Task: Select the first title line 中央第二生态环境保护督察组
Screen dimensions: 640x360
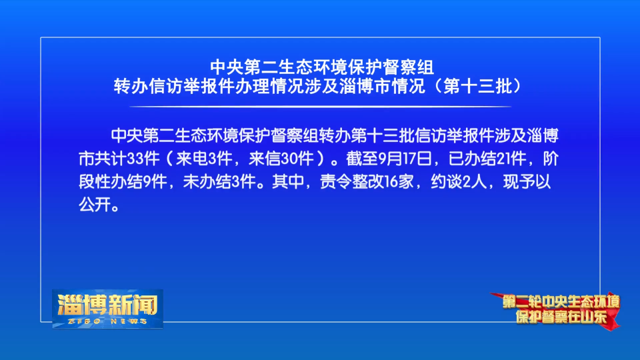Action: [322, 67]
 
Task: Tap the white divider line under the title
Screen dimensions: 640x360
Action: [321, 107]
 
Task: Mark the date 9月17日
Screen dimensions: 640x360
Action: [405, 159]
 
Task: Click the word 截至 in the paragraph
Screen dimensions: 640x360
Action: [362, 159]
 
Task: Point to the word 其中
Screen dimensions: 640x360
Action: [288, 181]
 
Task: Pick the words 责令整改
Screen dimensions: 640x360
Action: [352, 181]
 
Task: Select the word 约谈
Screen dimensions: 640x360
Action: [447, 181]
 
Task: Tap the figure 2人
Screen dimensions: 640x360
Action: [475, 181]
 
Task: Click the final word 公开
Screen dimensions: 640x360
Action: [95, 205]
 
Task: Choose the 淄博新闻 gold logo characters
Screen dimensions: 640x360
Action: [107, 305]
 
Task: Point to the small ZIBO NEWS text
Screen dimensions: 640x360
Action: [107, 321]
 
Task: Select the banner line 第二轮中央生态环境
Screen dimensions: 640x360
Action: [561, 302]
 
